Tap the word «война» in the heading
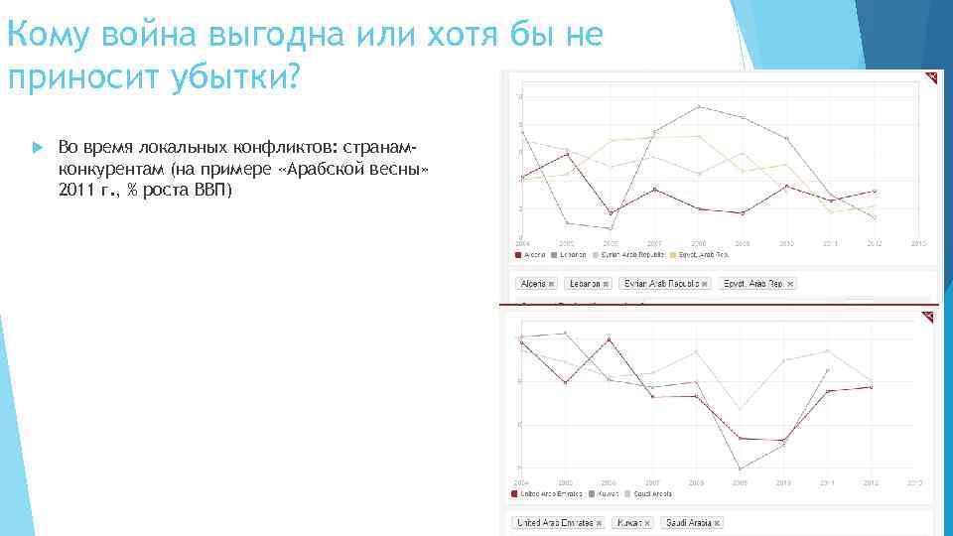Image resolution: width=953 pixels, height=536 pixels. [150, 36]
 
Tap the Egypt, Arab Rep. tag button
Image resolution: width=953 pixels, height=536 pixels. [757, 284]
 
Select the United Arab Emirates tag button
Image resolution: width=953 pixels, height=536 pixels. [558, 522]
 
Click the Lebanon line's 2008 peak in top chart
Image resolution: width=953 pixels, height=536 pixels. [699, 106]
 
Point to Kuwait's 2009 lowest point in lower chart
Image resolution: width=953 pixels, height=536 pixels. [741, 469]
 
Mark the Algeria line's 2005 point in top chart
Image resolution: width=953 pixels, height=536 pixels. [567, 154]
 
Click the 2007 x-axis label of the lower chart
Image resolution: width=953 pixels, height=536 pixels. [653, 483]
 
